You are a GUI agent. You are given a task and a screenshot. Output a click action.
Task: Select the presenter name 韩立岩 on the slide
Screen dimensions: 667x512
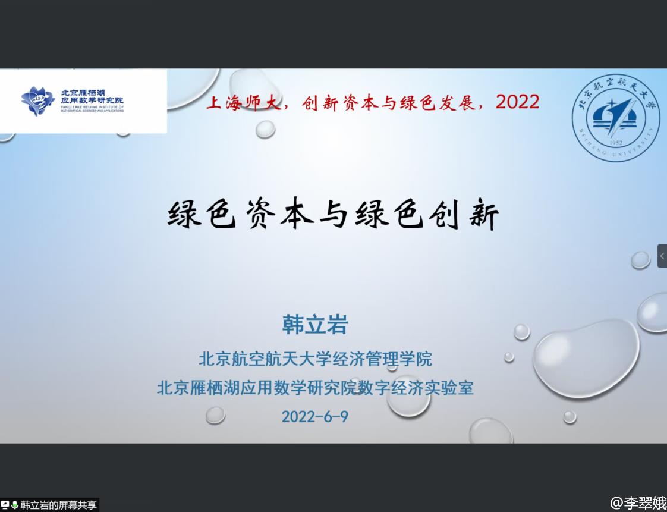point(315,325)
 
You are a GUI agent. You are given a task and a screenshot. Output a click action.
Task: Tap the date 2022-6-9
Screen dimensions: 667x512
point(315,416)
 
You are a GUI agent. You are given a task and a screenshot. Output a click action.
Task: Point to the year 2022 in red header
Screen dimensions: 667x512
point(518,102)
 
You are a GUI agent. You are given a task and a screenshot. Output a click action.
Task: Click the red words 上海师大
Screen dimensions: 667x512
point(244,102)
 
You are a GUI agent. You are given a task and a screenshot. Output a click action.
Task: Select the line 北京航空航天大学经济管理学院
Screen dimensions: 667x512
point(315,359)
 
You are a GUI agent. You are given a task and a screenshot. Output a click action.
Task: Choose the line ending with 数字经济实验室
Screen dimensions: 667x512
point(315,388)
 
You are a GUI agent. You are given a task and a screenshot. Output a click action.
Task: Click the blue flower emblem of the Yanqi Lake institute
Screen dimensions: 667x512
point(38,101)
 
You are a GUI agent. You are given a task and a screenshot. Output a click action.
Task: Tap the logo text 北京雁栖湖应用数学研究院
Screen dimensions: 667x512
point(92,97)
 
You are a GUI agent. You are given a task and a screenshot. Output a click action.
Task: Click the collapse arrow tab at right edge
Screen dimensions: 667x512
point(662,256)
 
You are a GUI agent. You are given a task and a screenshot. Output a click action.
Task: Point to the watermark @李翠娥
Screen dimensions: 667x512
point(638,502)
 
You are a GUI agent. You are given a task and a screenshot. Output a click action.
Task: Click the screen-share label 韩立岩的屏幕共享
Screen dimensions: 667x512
point(58,505)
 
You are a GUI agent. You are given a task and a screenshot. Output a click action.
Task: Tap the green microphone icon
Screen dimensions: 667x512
point(14,505)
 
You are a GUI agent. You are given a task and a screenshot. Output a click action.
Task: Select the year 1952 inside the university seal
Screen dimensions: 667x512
point(615,143)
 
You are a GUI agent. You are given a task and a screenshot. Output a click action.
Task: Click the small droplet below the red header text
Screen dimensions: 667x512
point(266,128)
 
